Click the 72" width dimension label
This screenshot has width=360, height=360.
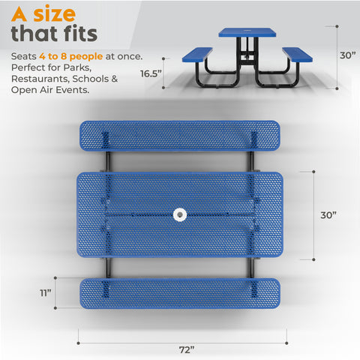click(187, 349)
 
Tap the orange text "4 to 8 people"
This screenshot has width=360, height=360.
click(74, 56)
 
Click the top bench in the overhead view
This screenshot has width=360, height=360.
click(179, 136)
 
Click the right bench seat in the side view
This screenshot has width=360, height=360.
click(297, 53)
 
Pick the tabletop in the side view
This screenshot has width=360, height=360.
click(247, 33)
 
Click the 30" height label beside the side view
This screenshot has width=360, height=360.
click(346, 55)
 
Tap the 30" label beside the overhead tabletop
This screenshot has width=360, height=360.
click(329, 215)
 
